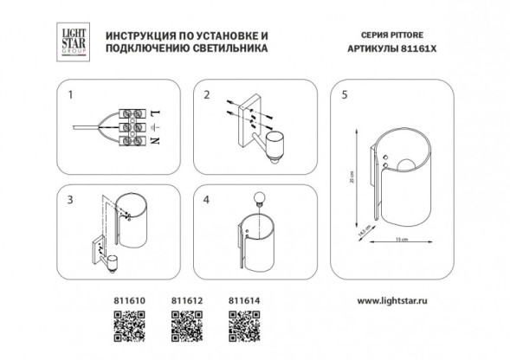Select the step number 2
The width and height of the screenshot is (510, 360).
tap(207, 93)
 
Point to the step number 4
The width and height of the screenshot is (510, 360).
tap(207, 200)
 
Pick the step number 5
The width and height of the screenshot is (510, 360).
tap(345, 93)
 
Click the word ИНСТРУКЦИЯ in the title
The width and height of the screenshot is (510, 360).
tap(140, 34)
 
